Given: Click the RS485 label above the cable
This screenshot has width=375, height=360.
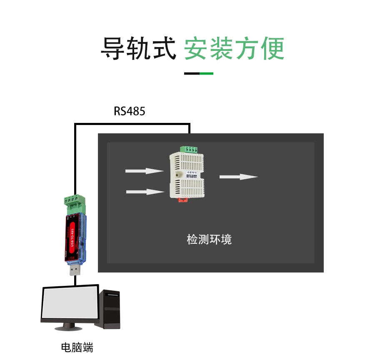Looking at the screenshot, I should click(130, 111).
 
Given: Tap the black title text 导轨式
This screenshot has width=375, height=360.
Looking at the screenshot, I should click(139, 49).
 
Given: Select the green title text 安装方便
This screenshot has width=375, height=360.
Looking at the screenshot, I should click(234, 49).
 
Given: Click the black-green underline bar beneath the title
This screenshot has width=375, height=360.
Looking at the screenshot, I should click(199, 73).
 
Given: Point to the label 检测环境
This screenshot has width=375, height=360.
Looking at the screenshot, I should click(209, 240).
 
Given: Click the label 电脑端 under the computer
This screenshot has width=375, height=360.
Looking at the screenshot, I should click(77, 347).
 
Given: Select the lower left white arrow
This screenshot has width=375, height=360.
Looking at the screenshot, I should click(145, 192).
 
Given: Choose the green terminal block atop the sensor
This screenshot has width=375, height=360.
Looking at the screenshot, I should click(189, 149).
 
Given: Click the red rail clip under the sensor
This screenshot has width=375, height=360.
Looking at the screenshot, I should click(184, 200).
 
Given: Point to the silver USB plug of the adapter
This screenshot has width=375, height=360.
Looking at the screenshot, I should click(75, 271).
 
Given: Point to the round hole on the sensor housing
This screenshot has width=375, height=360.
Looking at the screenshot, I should click(177, 175).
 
